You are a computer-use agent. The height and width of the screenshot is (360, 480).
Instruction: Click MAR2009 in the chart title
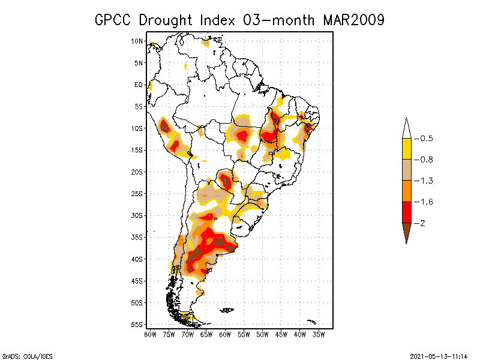tap(353, 20)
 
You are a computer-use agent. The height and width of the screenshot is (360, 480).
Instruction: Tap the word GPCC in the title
tap(114, 20)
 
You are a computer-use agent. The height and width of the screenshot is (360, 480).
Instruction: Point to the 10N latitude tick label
tap(137, 41)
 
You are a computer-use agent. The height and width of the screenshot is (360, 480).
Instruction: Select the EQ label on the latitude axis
tap(139, 85)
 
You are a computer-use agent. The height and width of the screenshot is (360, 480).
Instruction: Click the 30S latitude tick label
tap(137, 215)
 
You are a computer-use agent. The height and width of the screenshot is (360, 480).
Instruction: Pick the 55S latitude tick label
tap(137, 325)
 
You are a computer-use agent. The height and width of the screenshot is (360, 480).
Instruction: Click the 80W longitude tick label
tap(150, 334)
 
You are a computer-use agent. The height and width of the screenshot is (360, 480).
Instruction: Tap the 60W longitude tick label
tap(225, 334)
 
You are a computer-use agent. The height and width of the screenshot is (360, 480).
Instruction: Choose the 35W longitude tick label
tap(319, 334)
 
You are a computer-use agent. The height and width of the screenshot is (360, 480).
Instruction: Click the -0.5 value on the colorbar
tap(426, 139)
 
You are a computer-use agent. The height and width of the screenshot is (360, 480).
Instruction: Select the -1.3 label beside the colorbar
tap(426, 181)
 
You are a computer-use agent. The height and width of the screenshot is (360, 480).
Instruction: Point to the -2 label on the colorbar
tap(423, 223)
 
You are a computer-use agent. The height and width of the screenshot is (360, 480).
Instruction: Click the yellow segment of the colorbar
tap(406, 149)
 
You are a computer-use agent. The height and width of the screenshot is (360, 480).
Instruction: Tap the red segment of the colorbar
tap(406, 212)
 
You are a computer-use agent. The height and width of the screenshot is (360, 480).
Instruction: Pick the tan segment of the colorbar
tap(406, 170)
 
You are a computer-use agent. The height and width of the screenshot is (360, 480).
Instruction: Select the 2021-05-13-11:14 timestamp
tap(439, 355)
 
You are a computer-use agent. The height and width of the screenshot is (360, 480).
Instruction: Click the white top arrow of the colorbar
tap(406, 128)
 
